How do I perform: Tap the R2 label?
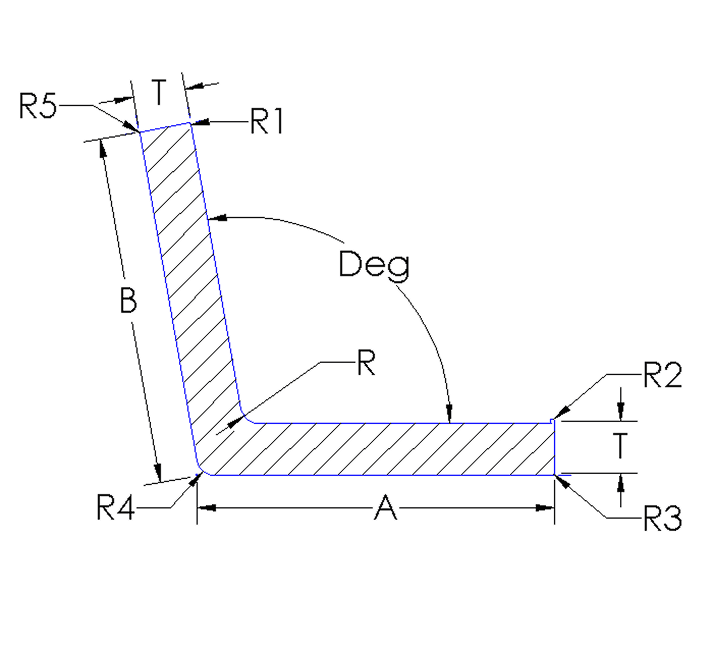click(662, 376)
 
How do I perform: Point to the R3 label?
click(662, 519)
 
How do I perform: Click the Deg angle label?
click(374, 265)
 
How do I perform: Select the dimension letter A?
click(385, 508)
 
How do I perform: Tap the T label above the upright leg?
click(159, 93)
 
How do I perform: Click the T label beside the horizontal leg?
click(619, 446)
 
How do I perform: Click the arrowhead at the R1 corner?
click(199, 122)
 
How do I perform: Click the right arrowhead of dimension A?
click(546, 508)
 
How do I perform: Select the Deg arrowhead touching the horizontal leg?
click(449, 414)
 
